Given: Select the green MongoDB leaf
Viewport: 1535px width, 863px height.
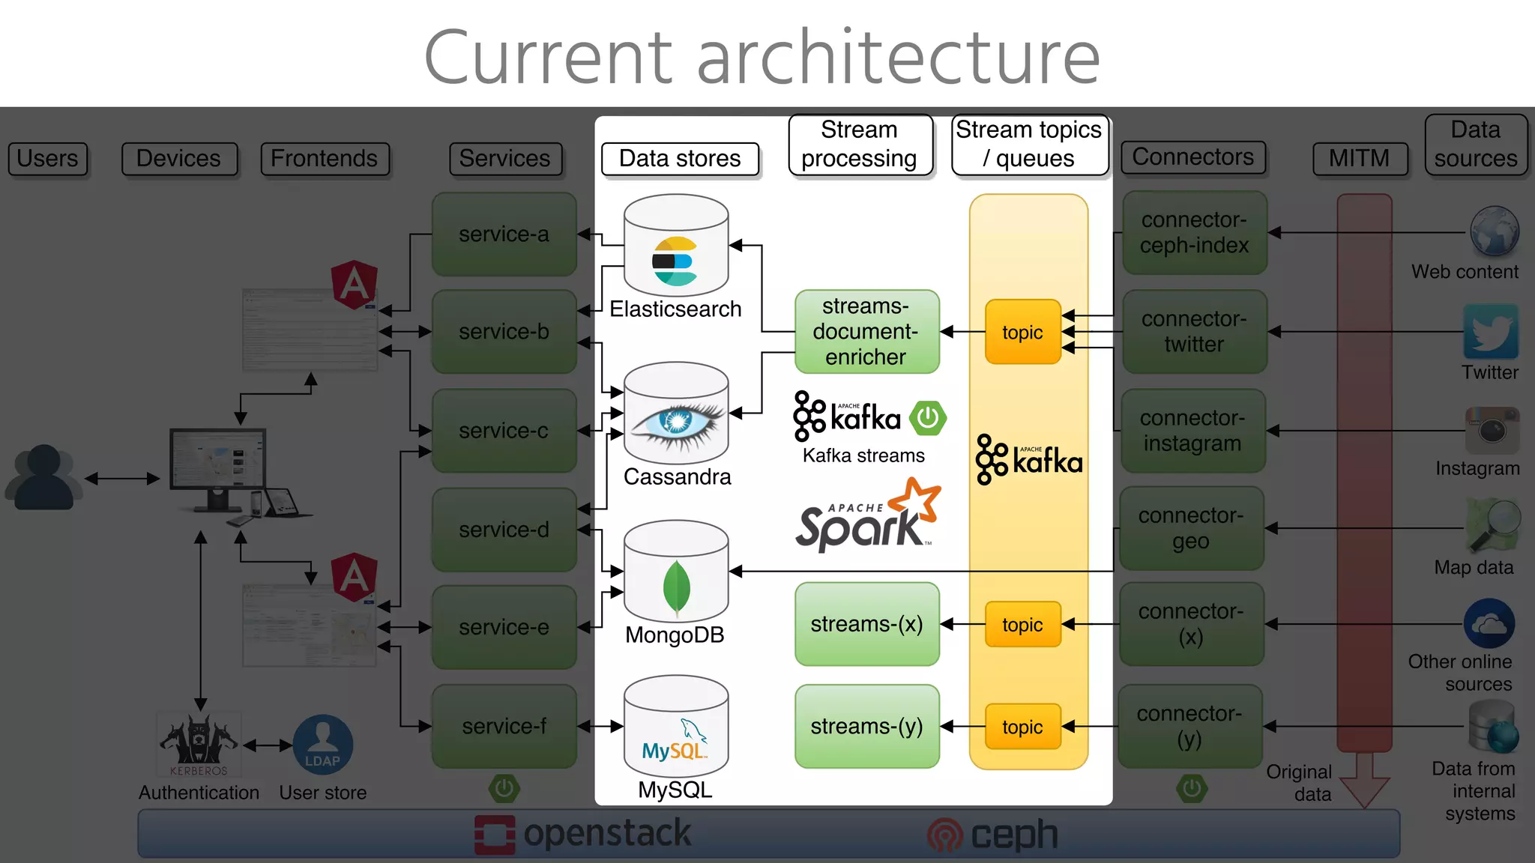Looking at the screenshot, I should [x=676, y=588].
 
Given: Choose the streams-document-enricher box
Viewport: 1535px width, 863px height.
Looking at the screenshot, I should [x=866, y=332].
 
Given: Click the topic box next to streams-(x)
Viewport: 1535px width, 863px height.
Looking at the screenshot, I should [x=1022, y=624].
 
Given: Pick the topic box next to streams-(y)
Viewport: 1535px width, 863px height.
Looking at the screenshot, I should [x=1022, y=727].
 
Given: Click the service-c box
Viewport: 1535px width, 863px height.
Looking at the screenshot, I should [x=504, y=431].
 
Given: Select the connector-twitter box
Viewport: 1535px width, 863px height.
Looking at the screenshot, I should [x=1194, y=332].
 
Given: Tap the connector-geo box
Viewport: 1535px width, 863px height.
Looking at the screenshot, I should [x=1191, y=528].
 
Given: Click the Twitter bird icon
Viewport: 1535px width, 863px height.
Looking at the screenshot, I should [x=1490, y=332].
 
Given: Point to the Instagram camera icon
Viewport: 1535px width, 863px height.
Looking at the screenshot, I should [x=1492, y=430].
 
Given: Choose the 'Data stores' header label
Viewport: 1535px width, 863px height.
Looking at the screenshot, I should [x=680, y=159].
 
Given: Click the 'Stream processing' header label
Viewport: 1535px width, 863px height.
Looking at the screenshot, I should [x=860, y=145].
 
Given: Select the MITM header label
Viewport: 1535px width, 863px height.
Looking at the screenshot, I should [x=1359, y=159].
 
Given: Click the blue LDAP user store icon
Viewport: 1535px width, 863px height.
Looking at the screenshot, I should [x=322, y=744].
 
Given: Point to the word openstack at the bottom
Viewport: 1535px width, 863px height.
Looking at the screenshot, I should [x=607, y=833].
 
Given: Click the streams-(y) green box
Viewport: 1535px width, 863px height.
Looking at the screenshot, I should [x=866, y=727].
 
